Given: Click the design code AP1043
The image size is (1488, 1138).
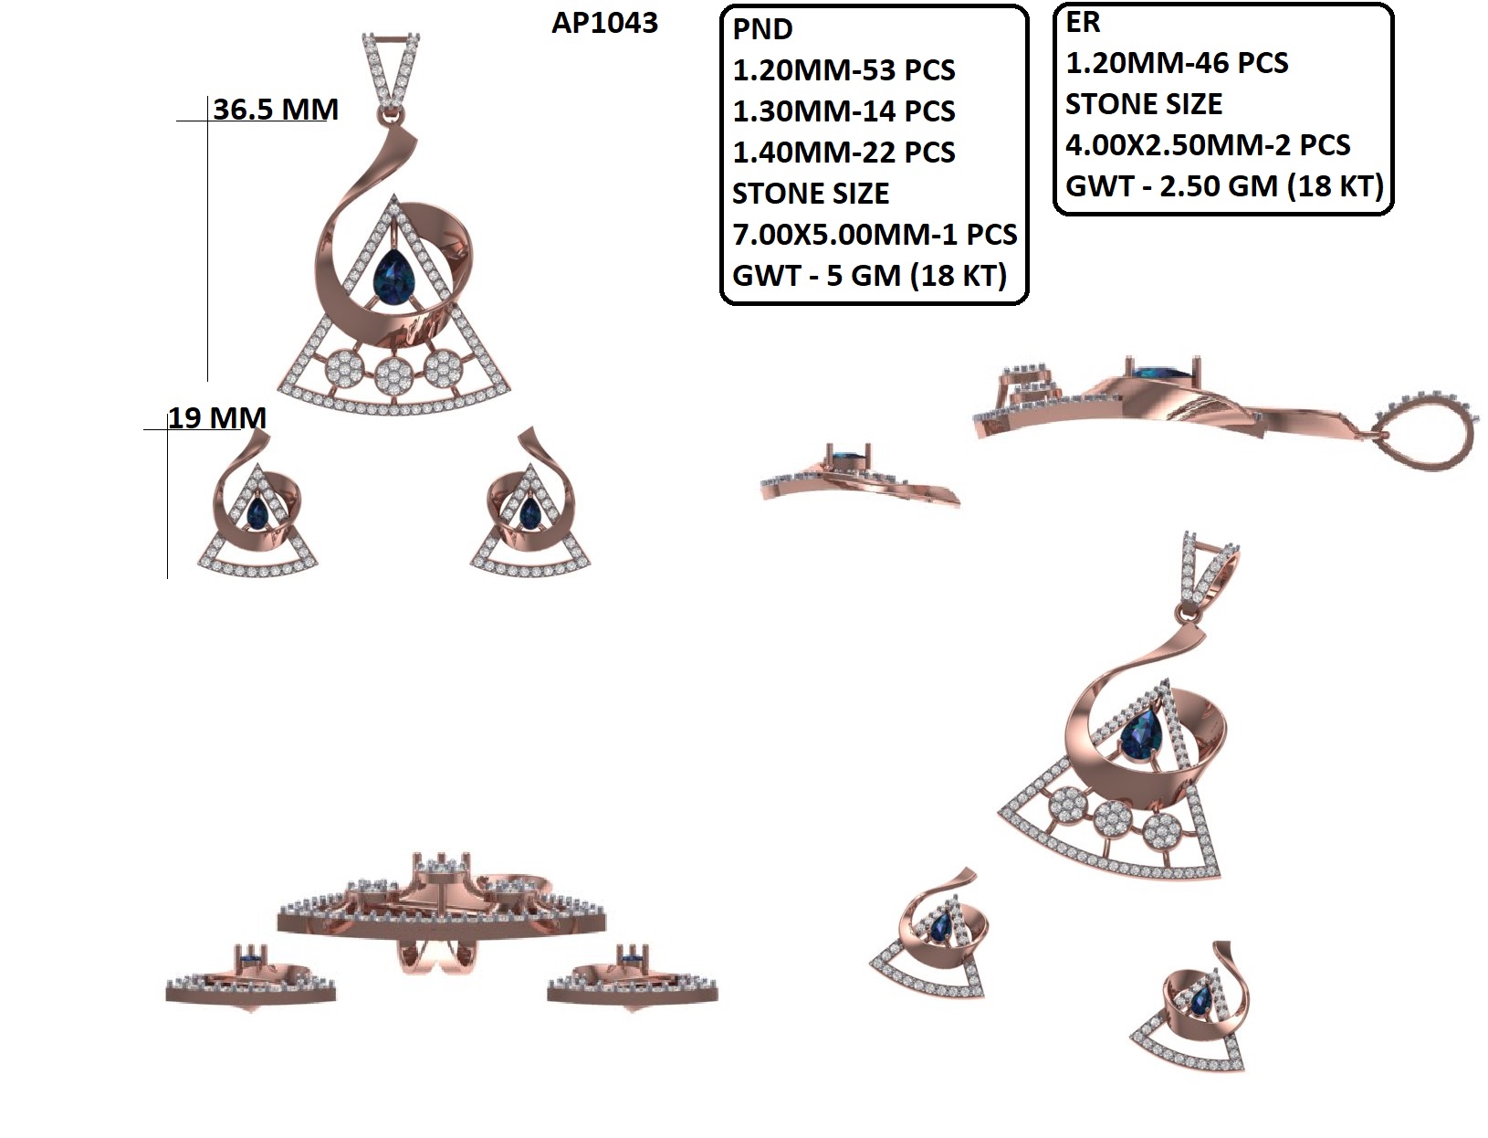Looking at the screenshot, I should point(604,23).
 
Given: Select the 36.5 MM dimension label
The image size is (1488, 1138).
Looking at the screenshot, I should point(276,110).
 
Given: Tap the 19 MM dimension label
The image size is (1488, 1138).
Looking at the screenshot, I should point(217,418).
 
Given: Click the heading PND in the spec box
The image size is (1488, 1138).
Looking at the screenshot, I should point(762,29).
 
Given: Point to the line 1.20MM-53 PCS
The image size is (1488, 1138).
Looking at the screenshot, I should point(844,70).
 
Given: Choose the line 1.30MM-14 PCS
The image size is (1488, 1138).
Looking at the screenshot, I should point(844,111).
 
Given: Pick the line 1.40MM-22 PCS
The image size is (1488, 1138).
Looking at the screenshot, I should point(844,153).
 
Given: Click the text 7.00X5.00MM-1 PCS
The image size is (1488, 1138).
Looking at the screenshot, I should point(875,235).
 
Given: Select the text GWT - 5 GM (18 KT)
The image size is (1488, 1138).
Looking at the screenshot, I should point(869,275).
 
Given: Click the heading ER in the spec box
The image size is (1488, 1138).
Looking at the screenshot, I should point(1083,22).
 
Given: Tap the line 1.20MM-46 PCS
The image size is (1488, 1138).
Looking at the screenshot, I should point(1177,63).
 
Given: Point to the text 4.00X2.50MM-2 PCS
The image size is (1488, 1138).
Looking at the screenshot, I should point(1208,145).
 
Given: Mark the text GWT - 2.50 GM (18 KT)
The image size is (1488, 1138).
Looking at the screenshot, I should point(1224,186).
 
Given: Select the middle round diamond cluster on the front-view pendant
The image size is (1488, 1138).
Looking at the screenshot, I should point(393,373).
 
